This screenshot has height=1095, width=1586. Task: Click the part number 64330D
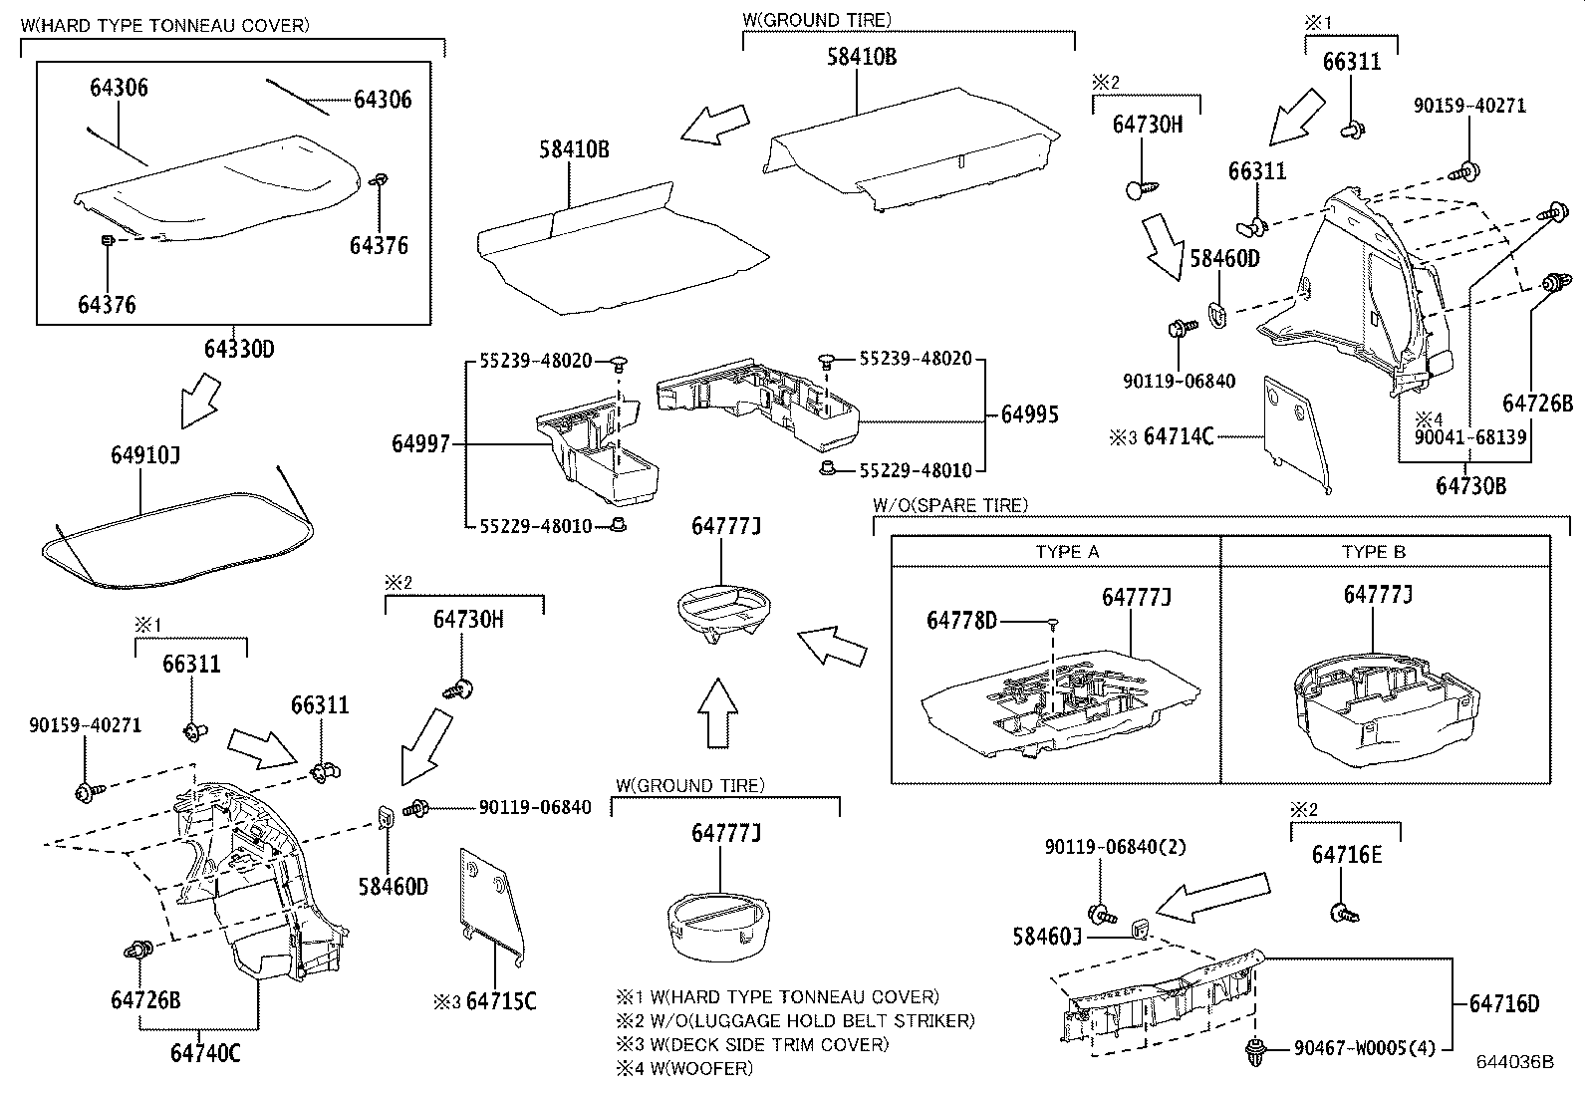click(x=238, y=350)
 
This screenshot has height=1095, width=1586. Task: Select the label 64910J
click(x=144, y=456)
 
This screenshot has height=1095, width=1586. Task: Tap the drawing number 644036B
click(x=1515, y=1062)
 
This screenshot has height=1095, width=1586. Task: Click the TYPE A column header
click(x=1067, y=552)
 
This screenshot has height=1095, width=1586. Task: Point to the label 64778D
click(x=961, y=621)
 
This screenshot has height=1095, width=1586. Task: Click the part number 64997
click(x=421, y=443)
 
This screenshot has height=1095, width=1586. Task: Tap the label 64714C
click(x=1178, y=436)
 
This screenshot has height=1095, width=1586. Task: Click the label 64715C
click(x=500, y=1001)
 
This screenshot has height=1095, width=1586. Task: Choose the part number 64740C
click(x=205, y=1052)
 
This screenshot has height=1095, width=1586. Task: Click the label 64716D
click(x=1503, y=1003)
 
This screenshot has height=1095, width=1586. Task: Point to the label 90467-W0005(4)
click(x=1365, y=1047)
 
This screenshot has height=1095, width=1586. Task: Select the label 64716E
click(x=1346, y=855)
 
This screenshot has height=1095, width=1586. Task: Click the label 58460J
click(x=1047, y=937)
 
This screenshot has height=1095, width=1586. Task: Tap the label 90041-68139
click(x=1470, y=437)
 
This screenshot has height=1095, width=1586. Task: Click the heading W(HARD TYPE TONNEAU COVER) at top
click(x=164, y=25)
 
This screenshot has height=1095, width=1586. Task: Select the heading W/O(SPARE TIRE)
click(x=949, y=506)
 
